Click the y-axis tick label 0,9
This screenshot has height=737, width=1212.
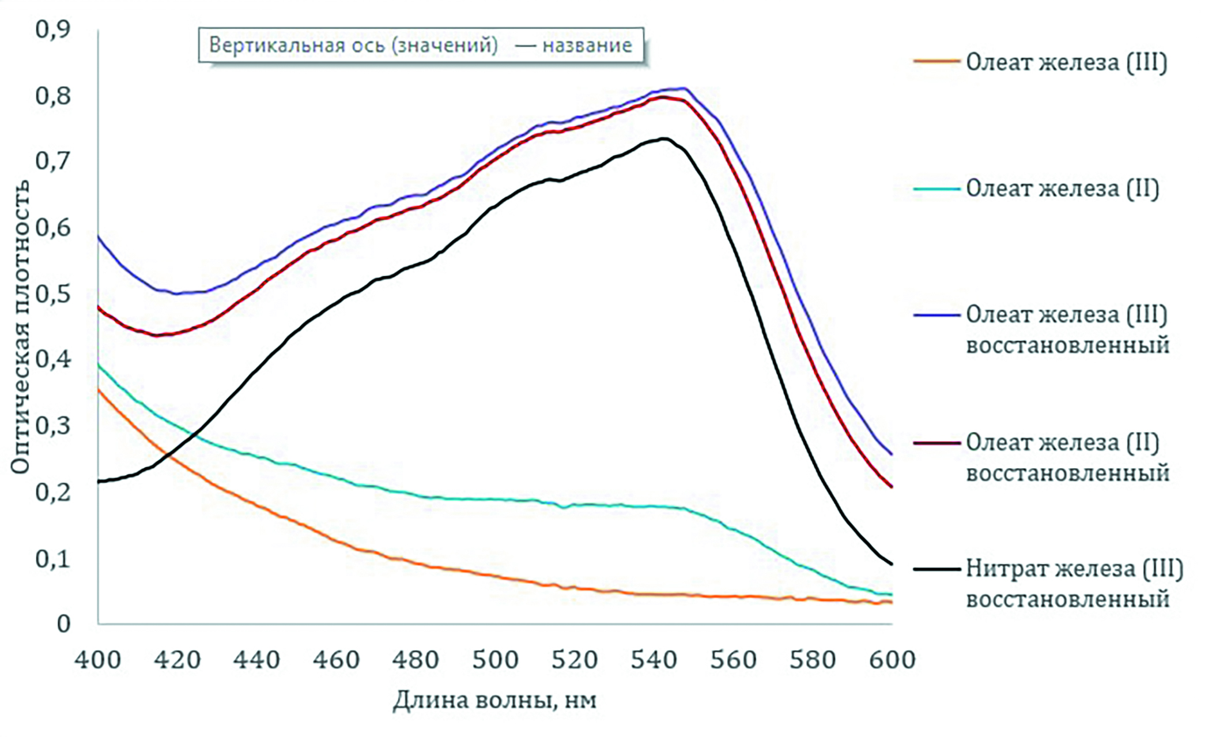click(52, 29)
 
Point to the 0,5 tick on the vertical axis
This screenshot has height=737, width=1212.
click(52, 294)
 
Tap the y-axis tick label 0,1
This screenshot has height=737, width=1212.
click(52, 558)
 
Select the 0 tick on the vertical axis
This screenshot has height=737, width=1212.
click(63, 624)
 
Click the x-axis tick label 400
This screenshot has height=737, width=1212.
click(97, 660)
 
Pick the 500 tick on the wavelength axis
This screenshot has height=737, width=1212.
click(495, 660)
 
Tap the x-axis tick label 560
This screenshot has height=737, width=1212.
click(733, 660)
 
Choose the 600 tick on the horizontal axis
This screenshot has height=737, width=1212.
click(892, 660)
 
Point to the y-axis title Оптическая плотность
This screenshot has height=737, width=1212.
click(20, 326)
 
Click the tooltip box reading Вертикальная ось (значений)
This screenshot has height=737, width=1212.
click(421, 45)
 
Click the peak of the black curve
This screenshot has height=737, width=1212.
click(664, 138)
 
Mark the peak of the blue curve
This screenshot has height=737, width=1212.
click(684, 88)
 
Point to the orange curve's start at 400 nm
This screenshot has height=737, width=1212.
click(99, 390)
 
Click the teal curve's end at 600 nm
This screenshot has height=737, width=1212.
click(891, 595)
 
